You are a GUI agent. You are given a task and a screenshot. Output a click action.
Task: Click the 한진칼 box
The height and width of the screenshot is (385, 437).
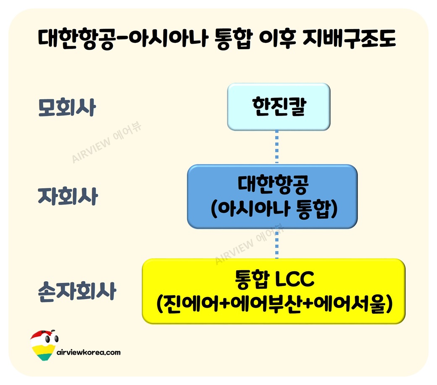(x=279, y=107)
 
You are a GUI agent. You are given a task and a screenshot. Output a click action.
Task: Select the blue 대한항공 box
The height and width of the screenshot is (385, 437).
(x=272, y=196)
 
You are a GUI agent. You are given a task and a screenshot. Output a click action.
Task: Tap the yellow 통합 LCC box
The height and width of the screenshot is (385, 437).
(x=274, y=291)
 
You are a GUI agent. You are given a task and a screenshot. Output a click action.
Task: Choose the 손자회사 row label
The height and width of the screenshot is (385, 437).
(x=76, y=291)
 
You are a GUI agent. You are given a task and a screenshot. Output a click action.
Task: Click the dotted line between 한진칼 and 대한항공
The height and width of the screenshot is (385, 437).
(x=277, y=147)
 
